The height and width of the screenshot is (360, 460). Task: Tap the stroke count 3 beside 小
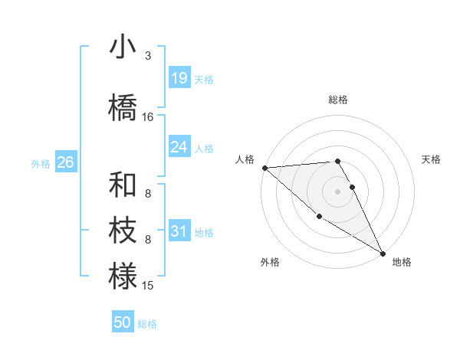147,56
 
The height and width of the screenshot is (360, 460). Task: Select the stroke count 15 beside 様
148,286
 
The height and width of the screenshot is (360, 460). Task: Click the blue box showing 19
179,77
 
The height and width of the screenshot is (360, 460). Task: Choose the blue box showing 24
179,146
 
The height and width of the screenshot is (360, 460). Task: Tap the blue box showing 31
179,231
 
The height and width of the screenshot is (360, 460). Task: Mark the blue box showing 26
65,162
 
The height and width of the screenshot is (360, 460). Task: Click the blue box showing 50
123,322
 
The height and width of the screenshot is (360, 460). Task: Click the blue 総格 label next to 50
147,324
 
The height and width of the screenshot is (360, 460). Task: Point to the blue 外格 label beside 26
41,164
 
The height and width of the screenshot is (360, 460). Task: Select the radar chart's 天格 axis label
432,159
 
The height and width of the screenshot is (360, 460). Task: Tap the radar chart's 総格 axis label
338,100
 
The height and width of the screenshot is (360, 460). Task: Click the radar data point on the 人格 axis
264,167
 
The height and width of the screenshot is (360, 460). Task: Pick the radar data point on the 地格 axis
382,253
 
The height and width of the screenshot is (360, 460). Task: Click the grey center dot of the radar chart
338,191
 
